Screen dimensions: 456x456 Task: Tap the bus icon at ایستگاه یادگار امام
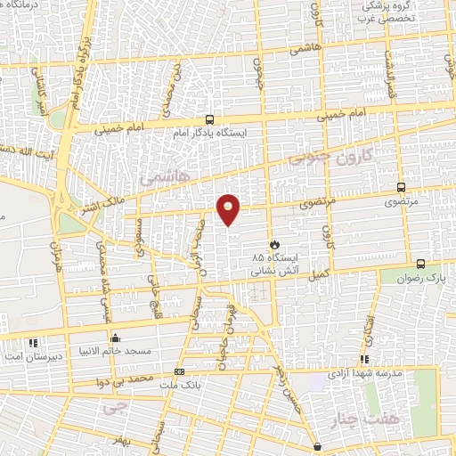(210, 119)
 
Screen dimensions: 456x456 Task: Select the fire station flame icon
(274, 243)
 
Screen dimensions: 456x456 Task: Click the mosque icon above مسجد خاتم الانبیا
(115, 338)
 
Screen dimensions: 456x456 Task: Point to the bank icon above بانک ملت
(181, 371)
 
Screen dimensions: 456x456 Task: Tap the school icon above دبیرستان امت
(33, 342)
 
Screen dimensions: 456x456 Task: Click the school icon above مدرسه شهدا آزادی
(363, 359)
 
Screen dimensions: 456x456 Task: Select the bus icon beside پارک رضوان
(420, 264)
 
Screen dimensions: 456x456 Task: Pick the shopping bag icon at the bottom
(319, 445)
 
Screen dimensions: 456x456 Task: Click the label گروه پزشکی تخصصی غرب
(387, 12)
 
